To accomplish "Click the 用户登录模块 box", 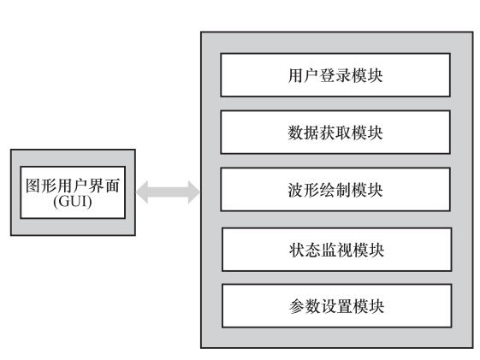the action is click(335, 75).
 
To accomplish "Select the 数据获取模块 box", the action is click(335, 133).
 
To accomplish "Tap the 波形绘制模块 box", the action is click(335, 189).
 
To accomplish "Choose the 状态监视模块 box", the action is click(337, 250).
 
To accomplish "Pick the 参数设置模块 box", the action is click(337, 306).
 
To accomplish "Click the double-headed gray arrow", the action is click(168, 192).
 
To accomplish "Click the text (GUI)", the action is click(73, 202).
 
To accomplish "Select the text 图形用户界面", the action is click(73, 186).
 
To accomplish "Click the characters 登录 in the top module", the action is click(335, 75).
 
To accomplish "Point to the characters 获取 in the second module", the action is click(335, 133).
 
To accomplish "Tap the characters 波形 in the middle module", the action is click(304, 190).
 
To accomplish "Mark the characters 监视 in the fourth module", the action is click(337, 250).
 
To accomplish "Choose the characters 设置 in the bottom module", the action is click(337, 306).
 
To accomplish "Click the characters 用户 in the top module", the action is click(304, 75).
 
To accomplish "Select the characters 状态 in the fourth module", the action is click(305, 250).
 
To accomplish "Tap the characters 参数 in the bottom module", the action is click(305, 306).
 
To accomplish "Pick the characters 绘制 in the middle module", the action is click(335, 190).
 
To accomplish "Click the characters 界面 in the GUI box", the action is click(104, 186).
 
